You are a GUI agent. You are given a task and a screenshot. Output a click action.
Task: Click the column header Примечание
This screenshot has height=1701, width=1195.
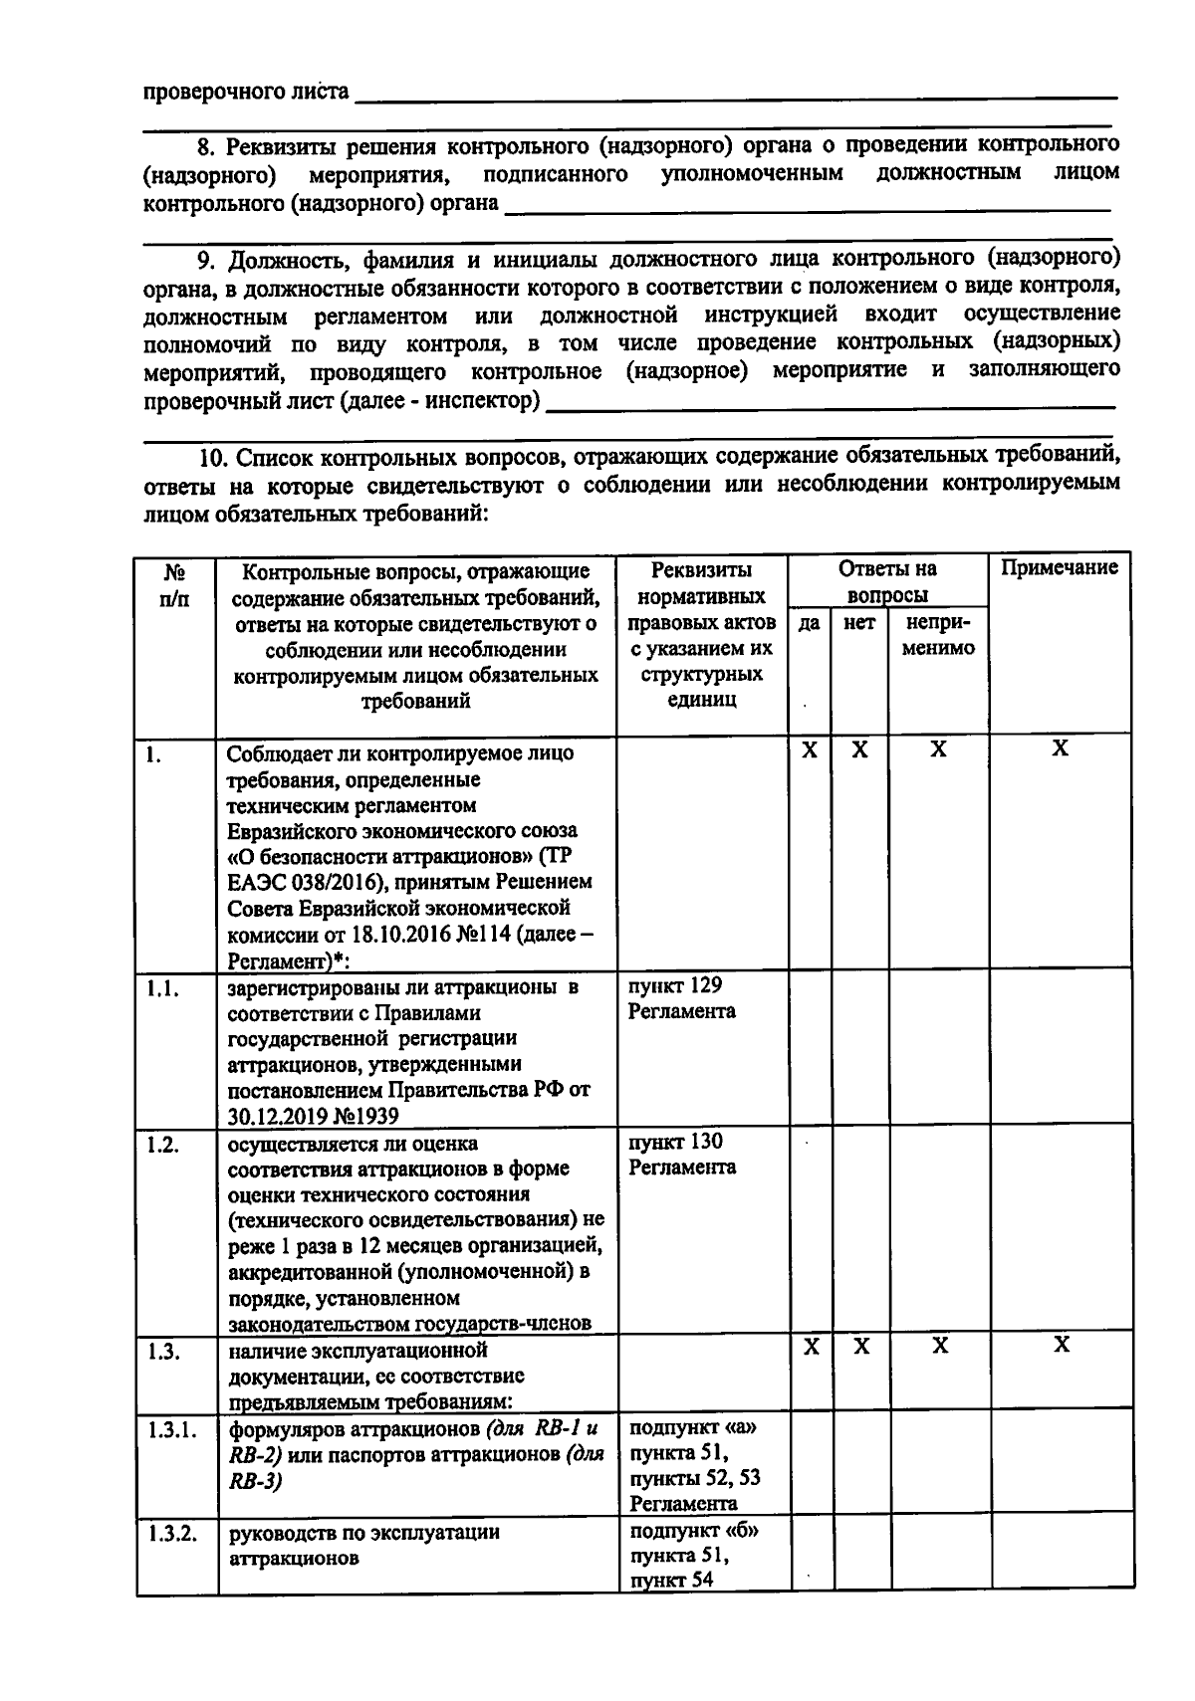click(x=1059, y=568)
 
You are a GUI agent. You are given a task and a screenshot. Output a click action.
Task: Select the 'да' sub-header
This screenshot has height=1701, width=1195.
click(x=809, y=623)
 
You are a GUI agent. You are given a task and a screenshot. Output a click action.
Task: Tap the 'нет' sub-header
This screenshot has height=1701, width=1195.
click(x=858, y=623)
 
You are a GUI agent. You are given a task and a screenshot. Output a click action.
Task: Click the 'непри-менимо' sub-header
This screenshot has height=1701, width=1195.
click(x=937, y=635)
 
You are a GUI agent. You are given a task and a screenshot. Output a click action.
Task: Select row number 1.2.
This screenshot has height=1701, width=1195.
click(x=161, y=1145)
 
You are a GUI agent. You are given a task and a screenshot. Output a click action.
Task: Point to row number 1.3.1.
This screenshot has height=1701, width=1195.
click(x=170, y=1430)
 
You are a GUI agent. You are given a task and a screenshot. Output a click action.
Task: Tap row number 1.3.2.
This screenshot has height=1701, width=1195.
click(x=170, y=1533)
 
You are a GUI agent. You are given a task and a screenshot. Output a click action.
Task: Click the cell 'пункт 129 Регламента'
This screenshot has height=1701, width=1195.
click(x=681, y=998)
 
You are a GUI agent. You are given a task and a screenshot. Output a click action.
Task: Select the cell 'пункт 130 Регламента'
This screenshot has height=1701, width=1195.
click(x=681, y=1155)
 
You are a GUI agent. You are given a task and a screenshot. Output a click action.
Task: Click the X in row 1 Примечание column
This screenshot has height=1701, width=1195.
click(x=1060, y=749)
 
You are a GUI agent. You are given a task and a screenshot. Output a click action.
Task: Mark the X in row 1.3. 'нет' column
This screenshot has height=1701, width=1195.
click(x=861, y=1347)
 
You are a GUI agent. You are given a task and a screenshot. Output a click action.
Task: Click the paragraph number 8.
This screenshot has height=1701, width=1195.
click(x=204, y=146)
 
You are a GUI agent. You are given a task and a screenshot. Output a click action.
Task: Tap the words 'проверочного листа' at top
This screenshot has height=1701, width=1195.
click(x=246, y=93)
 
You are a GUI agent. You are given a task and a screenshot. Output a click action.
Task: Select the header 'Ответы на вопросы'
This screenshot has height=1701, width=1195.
click(x=886, y=582)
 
